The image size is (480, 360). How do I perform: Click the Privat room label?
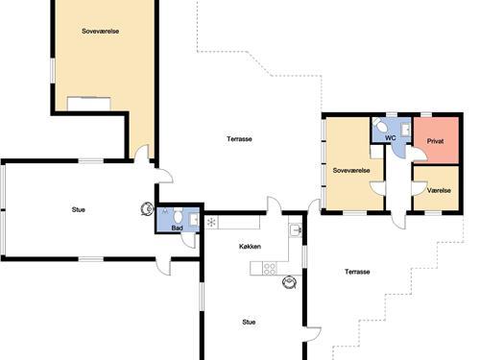point(435,141)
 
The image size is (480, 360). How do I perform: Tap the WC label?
point(391,138)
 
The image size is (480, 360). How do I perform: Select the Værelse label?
point(439,190)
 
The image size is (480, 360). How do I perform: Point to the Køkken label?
point(250,247)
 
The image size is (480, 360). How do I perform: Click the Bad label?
point(177,228)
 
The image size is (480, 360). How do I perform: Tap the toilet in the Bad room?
point(178,215)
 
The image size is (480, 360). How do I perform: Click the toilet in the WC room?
point(380,125)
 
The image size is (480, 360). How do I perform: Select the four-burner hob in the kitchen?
point(270,268)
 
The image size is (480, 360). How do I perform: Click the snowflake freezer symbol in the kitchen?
point(211,222)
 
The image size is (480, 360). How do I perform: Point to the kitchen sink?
point(295,229)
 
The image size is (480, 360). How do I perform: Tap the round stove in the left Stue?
point(148,208)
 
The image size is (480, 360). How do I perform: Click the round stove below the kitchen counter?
point(289,282)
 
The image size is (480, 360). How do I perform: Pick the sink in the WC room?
point(406,130)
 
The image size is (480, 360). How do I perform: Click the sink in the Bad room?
point(194,220)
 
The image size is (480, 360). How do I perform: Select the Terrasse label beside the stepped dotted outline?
point(357,272)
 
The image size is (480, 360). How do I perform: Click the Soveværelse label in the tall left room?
point(101,31)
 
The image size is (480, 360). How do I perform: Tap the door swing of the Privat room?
point(417,154)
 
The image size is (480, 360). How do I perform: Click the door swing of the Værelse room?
point(420,188)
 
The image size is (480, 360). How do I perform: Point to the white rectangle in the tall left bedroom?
point(89,104)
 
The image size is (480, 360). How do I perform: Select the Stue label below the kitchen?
point(249,322)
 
